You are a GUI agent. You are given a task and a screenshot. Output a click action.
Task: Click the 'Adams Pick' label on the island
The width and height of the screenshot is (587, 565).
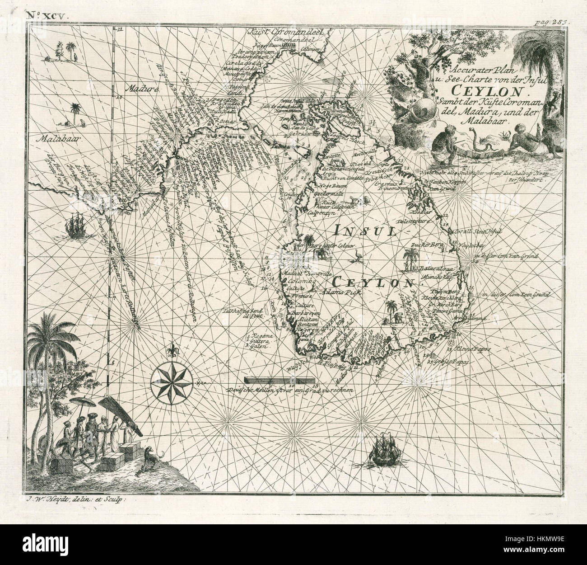tap(336, 293)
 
